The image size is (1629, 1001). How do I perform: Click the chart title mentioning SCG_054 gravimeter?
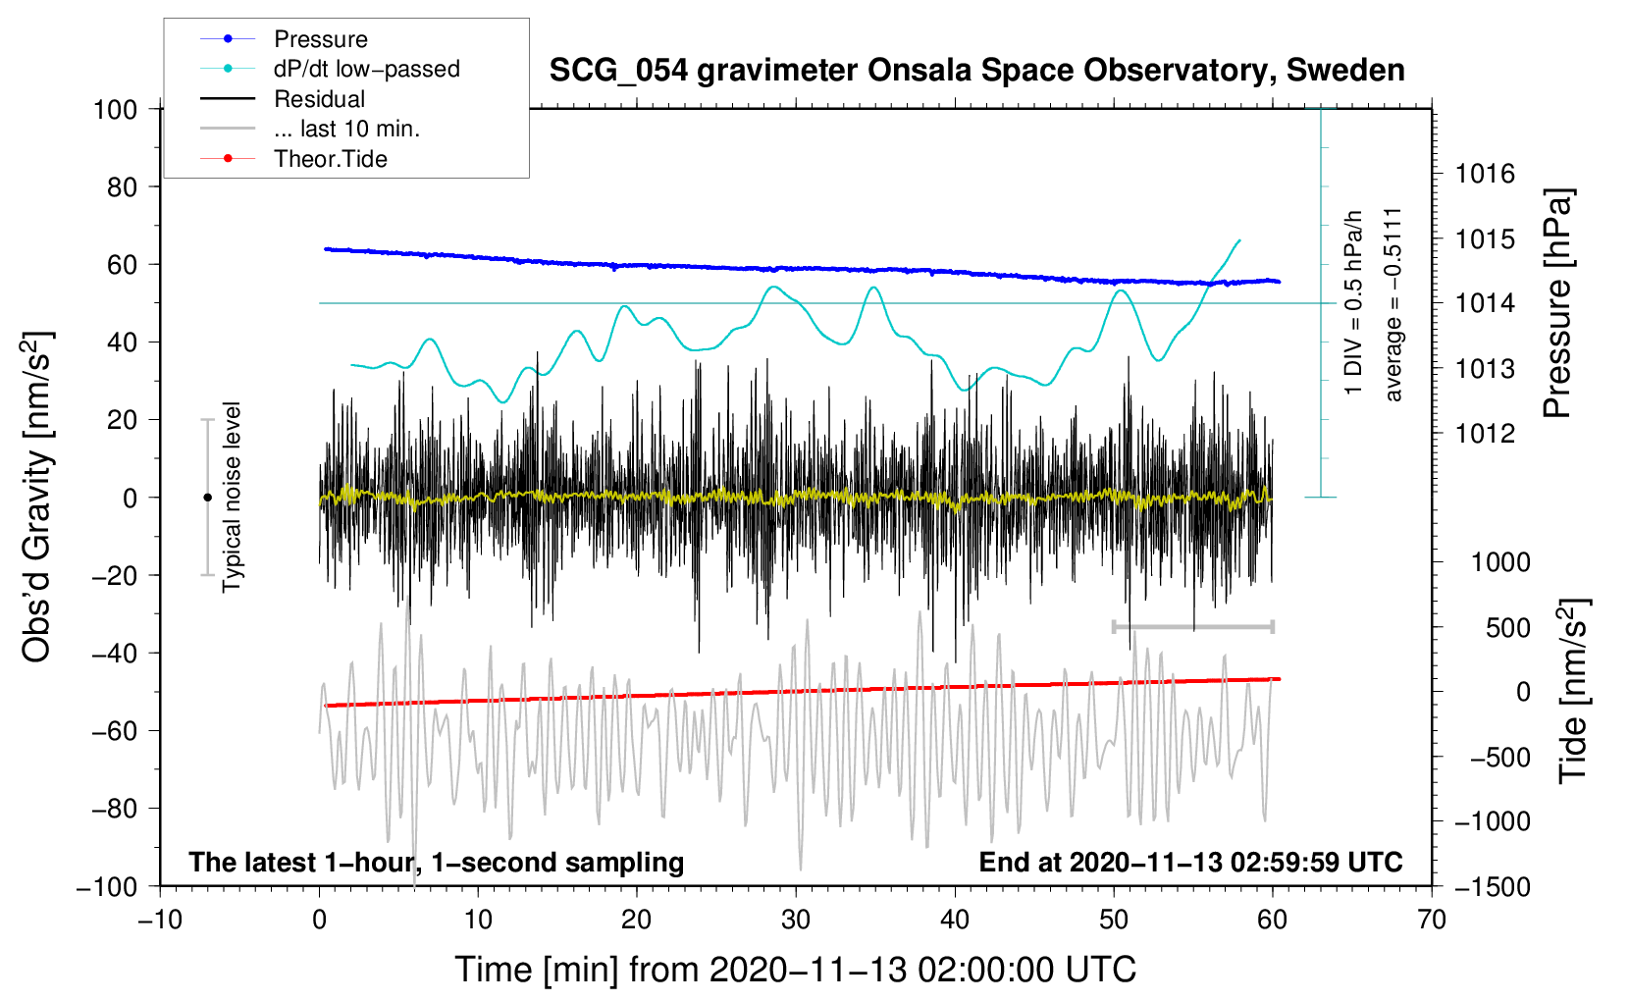point(976,71)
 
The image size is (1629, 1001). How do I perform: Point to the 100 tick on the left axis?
point(116,110)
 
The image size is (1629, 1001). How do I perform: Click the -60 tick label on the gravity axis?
point(114,731)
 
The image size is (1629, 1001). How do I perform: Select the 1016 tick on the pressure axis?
point(1485,174)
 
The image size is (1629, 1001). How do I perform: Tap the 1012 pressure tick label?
point(1485,434)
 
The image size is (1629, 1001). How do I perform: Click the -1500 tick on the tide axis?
point(1493,887)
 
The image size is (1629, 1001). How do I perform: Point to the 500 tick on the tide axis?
point(1508,628)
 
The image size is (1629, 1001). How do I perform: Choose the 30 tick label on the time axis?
point(796,921)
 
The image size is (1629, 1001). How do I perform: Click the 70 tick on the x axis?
point(1431,921)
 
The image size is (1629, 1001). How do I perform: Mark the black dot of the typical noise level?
point(207,498)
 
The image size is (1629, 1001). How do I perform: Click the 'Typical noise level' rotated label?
point(232,498)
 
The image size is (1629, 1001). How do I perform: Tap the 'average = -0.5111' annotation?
point(1393,304)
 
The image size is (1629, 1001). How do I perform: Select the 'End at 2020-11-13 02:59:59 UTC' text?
point(1190,862)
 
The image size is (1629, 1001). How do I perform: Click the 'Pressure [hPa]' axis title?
point(1557,302)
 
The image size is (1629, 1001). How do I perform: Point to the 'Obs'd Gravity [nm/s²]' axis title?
point(36,498)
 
